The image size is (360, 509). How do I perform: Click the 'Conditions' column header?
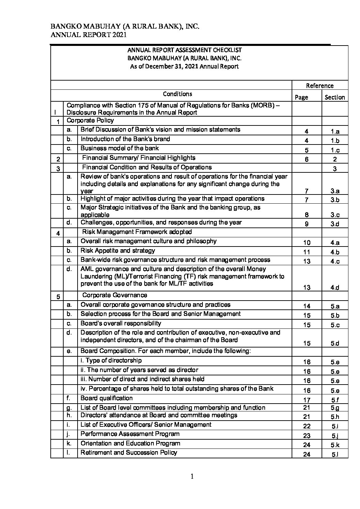click(x=177, y=94)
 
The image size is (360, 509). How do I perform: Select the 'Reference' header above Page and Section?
click(x=320, y=86)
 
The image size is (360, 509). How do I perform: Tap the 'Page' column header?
click(x=301, y=97)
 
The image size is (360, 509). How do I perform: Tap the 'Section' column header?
click(x=334, y=97)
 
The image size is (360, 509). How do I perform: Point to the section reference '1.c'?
click(x=335, y=150)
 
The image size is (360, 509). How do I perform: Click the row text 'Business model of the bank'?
click(x=119, y=148)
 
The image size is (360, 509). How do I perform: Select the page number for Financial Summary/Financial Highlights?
click(x=307, y=159)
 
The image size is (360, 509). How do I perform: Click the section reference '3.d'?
click(x=335, y=224)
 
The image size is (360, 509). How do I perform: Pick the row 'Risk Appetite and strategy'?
click(x=117, y=251)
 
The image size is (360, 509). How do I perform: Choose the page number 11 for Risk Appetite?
click(x=307, y=252)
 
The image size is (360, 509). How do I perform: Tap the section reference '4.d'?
click(x=335, y=288)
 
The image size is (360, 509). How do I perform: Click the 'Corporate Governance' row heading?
click(x=115, y=295)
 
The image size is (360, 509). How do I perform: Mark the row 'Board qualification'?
click(x=107, y=398)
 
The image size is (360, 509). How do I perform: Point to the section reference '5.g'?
click(x=335, y=408)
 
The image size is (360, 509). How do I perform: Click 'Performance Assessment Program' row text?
click(x=130, y=434)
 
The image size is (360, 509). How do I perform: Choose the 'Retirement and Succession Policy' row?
click(x=129, y=453)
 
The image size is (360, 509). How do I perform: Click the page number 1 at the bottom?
click(x=192, y=476)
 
